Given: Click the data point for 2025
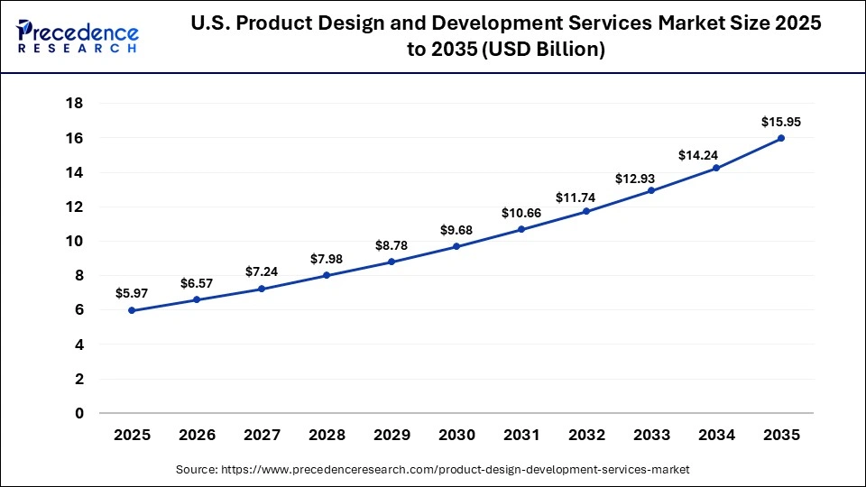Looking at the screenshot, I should coord(132,310).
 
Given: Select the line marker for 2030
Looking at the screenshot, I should coord(456,246).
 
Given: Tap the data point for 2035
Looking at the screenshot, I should coord(781,138).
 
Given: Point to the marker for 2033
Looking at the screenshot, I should coord(651,190).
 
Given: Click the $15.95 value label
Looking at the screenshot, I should coord(781,121).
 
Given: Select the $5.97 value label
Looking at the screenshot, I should coord(132,293).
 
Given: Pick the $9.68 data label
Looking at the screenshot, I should coord(456,229).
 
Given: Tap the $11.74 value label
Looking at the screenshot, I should coord(586,194).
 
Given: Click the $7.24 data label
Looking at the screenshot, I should coord(262,271).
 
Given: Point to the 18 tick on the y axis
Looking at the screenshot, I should coord(75,104).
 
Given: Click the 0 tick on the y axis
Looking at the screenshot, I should coord(79,413).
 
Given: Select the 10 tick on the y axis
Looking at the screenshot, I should coord(75,242).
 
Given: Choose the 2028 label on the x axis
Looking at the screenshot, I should coord(327,435).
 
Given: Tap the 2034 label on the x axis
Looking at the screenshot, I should coord(716,435).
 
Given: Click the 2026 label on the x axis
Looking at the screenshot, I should coord(197,435).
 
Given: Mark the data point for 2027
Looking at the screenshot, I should coord(262,289).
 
